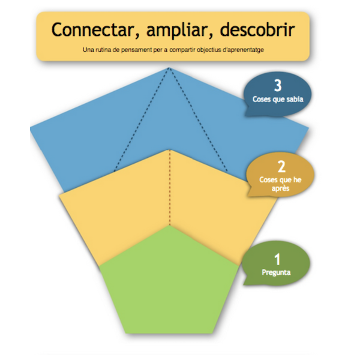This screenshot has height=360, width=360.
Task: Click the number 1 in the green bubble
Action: pyautogui.click(x=277, y=259)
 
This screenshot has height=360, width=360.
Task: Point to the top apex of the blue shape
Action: pyautogui.click(x=170, y=68)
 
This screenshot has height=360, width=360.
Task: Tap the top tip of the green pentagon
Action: pyautogui.click(x=170, y=226)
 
